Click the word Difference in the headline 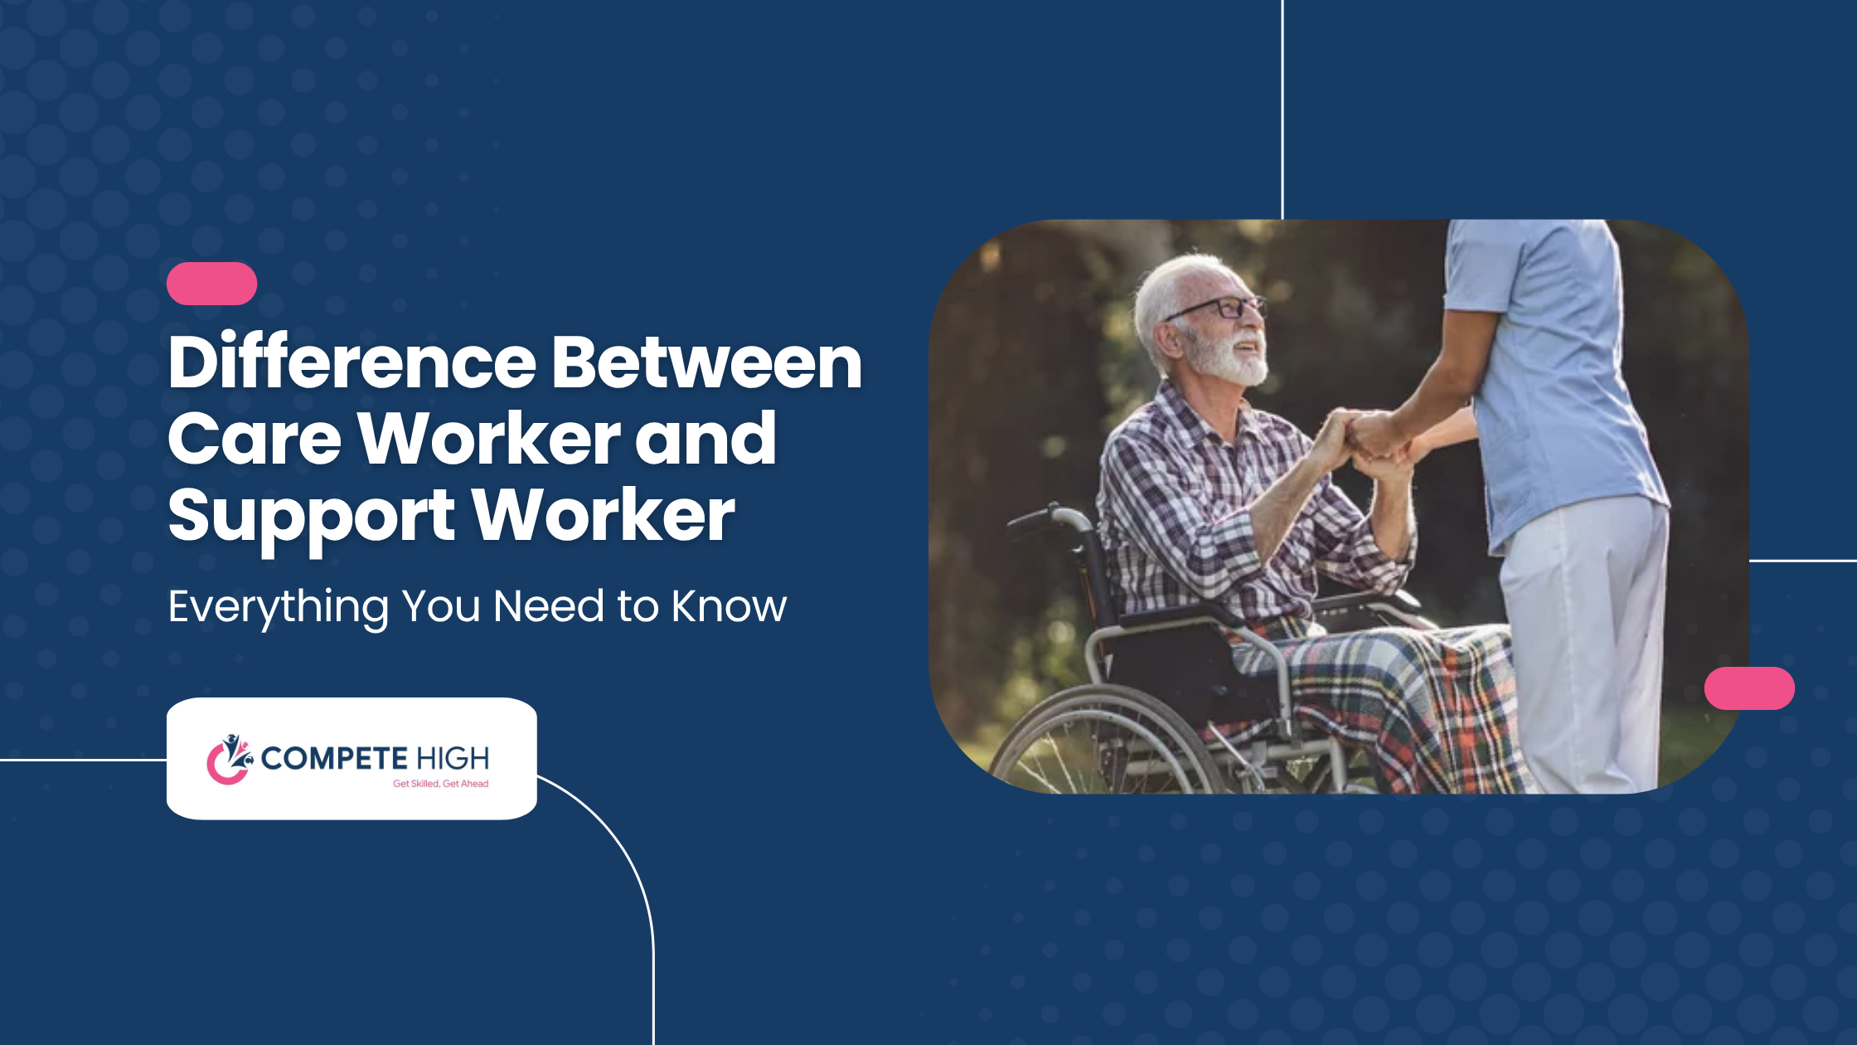tap(352, 362)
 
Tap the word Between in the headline tap(707, 362)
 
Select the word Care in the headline tap(255, 439)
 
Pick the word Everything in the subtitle tap(279, 608)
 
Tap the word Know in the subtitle tap(729, 606)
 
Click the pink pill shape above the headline tap(211, 284)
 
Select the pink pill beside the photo tap(1749, 688)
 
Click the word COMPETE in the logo tap(334, 758)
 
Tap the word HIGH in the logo tap(453, 758)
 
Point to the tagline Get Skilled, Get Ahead tap(440, 784)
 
